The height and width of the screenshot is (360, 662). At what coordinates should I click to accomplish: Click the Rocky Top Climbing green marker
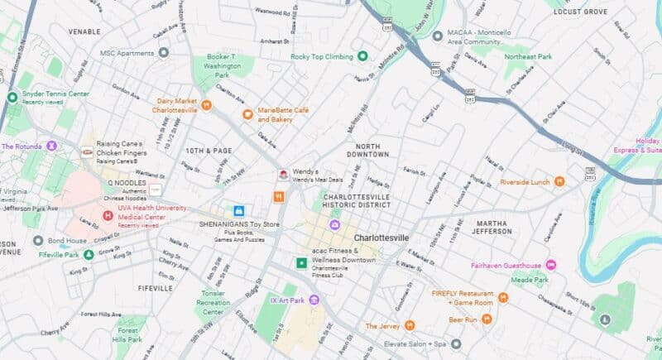362,56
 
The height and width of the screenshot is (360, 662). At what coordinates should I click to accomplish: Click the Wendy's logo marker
282,175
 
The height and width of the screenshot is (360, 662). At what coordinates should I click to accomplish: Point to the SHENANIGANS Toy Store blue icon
238,211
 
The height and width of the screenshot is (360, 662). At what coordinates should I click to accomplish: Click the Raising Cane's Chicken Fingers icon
87,152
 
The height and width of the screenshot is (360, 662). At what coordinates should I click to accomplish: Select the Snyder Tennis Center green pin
12,98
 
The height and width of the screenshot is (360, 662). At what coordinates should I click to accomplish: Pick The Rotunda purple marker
52,146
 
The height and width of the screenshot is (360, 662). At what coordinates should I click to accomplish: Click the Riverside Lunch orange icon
559,181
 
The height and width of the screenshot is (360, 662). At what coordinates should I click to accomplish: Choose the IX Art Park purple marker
314,300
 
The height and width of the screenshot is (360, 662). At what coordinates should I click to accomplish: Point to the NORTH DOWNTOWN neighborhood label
367,150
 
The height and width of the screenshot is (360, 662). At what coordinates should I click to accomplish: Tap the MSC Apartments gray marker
163,53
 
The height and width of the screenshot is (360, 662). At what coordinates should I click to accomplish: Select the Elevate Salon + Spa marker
456,343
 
